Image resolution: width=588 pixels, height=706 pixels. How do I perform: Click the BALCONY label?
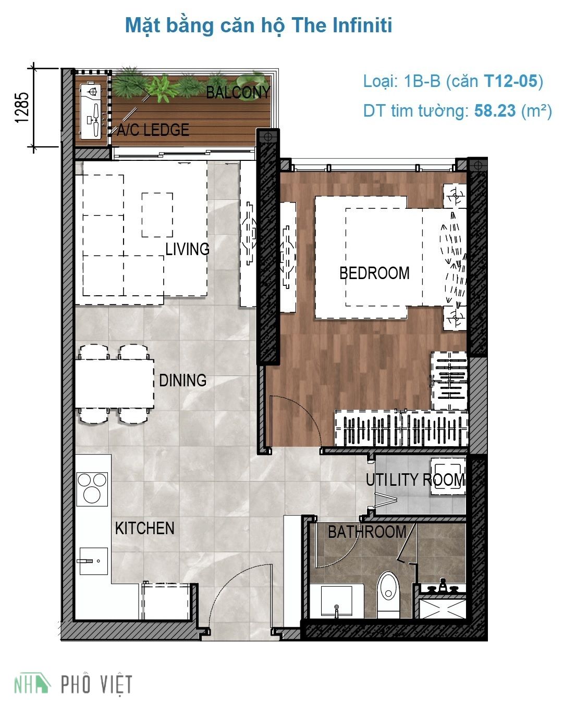pos(238,93)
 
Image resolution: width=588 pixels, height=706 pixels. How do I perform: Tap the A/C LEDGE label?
pos(153,130)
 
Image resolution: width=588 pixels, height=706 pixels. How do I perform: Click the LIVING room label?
pos(187,249)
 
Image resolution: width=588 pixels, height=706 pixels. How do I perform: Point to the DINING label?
pos(182,380)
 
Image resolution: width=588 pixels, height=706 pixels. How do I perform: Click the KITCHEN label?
pos(144,528)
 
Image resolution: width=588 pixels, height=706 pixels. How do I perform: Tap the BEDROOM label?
pos(374,273)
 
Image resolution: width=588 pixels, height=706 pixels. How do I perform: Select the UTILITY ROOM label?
pos(415,480)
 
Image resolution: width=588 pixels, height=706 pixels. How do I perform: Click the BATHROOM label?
pos(366,532)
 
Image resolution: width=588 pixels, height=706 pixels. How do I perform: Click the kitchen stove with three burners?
pos(92,489)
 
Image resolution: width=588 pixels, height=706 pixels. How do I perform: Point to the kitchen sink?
pos(93,561)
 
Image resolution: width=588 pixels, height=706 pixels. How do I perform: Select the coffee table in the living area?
pos(157,215)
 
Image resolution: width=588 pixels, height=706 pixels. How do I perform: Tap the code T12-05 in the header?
pos(510,81)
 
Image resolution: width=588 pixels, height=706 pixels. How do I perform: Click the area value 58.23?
pos(495,110)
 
